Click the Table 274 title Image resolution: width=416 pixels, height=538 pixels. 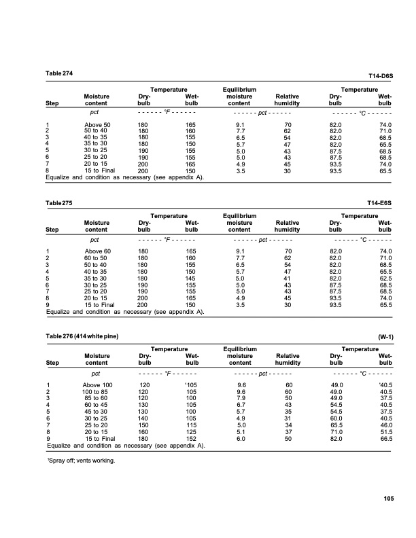(59, 73)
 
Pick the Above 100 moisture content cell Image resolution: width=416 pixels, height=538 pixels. (97, 385)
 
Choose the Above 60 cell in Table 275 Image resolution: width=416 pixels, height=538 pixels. (97, 252)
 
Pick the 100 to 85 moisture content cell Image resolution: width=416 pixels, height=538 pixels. (97, 392)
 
